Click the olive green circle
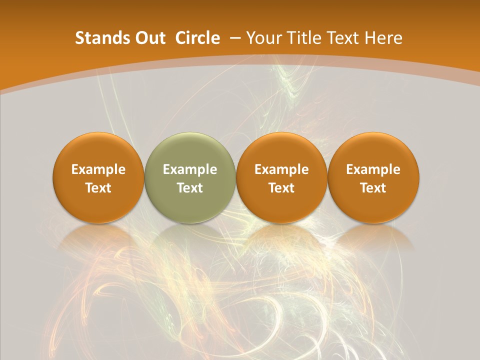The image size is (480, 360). (x=190, y=177)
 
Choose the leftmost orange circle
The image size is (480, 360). (x=98, y=177)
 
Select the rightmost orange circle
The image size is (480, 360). (x=373, y=177)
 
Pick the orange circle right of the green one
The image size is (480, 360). (x=281, y=177)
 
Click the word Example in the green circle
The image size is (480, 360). (x=190, y=169)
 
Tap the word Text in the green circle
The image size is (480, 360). (x=190, y=188)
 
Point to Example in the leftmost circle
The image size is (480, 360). (x=98, y=169)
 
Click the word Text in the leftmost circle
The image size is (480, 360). (x=98, y=188)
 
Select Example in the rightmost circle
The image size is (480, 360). (x=373, y=169)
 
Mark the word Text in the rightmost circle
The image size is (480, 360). (x=373, y=188)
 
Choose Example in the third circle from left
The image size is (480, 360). (x=281, y=169)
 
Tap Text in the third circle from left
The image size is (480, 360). (x=281, y=188)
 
